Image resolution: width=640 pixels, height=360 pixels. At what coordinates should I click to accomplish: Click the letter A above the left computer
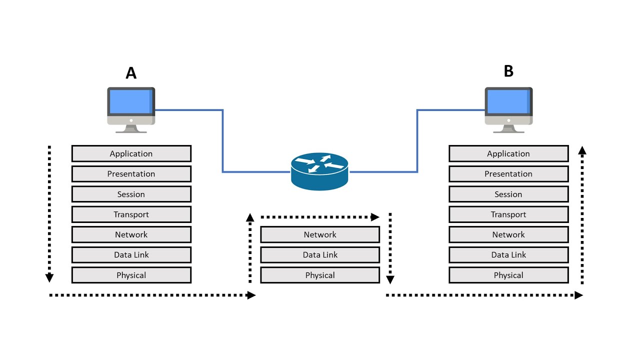point(131,73)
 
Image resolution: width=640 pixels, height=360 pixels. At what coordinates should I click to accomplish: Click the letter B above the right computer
point(508,71)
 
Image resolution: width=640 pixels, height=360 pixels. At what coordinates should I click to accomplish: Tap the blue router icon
point(319,171)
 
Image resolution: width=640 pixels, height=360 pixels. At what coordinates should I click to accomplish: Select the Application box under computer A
point(131,153)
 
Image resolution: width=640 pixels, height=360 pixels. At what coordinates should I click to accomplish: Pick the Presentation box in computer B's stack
point(508,174)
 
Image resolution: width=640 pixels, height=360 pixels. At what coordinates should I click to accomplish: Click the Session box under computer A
point(131,194)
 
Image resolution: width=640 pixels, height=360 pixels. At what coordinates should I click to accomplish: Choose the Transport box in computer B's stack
point(508,214)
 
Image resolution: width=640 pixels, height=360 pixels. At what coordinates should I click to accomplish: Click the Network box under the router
point(320,234)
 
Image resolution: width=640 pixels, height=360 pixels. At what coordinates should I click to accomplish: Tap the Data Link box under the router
point(320,255)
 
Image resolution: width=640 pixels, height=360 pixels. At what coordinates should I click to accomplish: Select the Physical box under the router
point(320,275)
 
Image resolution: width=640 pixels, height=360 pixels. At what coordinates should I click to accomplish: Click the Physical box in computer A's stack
point(131,275)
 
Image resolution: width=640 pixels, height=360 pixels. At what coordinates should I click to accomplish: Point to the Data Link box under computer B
point(508,255)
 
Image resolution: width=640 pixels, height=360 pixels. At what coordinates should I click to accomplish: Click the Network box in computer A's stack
point(131,234)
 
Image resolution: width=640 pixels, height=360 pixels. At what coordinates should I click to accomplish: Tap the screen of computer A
point(131,101)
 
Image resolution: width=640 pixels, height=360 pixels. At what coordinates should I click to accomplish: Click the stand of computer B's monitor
point(508,129)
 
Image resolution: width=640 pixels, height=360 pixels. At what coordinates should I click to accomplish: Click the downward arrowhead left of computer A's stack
point(49,277)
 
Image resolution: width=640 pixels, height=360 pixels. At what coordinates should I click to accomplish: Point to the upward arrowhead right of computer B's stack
point(582,150)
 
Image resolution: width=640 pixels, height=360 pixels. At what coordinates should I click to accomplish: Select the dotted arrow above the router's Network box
point(320,217)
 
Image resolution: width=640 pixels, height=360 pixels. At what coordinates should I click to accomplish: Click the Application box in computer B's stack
point(508,153)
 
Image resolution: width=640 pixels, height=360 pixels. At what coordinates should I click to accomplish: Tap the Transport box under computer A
point(131,214)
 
